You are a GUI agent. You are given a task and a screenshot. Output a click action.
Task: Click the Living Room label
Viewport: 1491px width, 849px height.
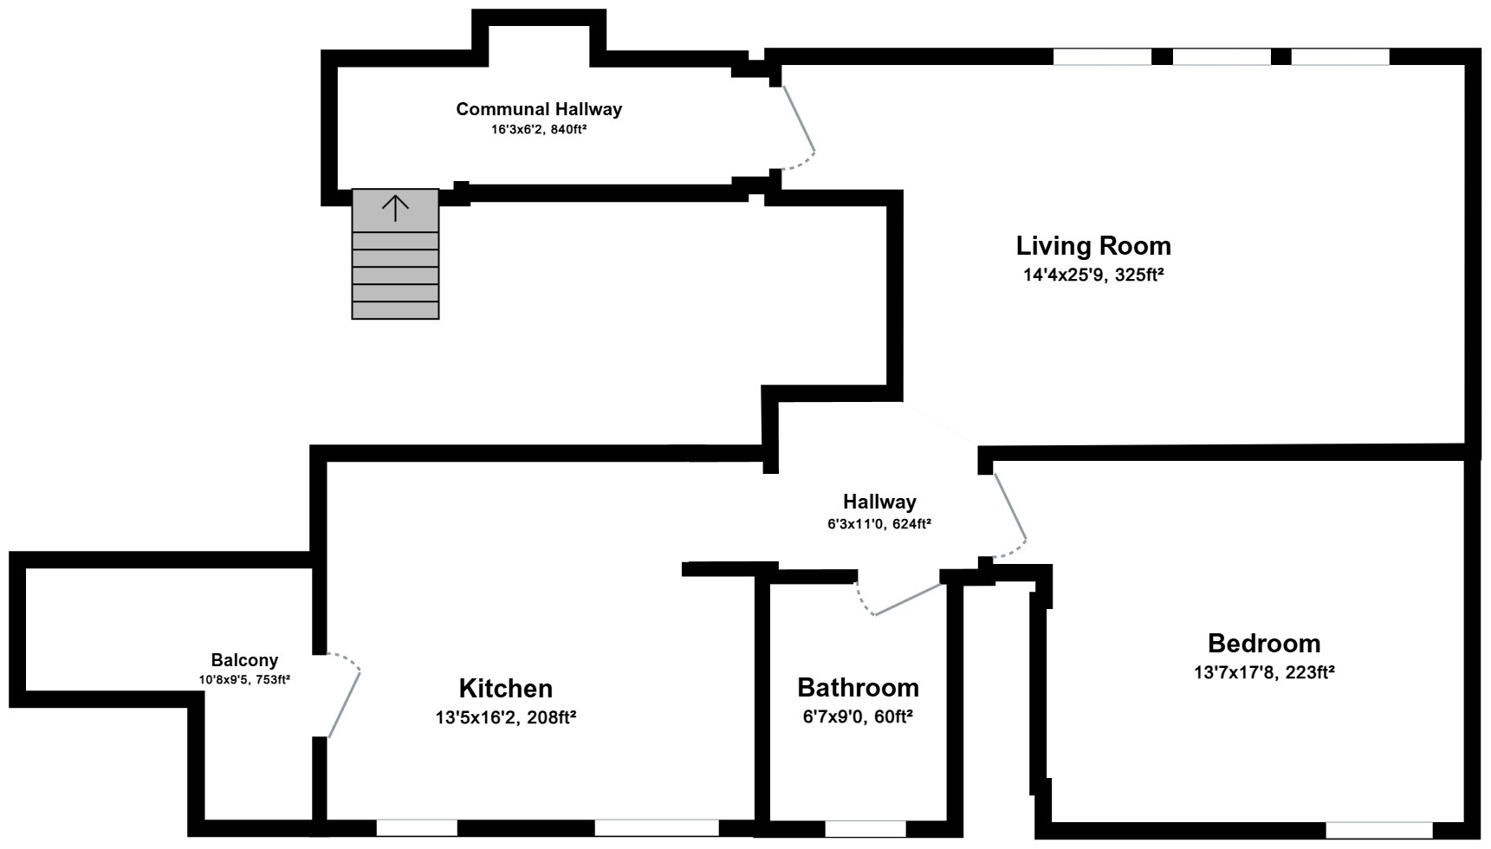1093,246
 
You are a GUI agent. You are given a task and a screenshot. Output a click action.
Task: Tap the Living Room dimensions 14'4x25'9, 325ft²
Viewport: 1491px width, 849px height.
1093,275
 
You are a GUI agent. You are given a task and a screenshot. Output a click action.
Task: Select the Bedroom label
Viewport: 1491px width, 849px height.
1263,644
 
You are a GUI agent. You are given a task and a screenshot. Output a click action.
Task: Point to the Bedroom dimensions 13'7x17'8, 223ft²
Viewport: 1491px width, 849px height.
1263,672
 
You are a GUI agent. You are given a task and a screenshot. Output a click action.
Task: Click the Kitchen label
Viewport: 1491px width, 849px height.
505,689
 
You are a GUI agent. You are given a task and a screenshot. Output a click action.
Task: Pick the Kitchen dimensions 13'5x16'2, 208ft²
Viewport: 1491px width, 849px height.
505,717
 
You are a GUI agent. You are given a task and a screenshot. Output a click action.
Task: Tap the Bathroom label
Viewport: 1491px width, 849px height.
858,688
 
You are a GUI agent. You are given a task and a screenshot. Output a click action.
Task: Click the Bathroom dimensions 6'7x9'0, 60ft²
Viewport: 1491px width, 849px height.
858,717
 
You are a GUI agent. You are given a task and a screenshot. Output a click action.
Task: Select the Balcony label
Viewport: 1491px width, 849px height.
244,660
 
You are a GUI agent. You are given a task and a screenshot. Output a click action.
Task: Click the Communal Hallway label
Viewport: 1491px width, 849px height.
539,109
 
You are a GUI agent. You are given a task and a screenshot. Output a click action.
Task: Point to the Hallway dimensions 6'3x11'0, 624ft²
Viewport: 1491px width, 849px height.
878,524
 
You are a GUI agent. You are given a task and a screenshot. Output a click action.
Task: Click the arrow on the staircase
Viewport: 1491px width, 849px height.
395,208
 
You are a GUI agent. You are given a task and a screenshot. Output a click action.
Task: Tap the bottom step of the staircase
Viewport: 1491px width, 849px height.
395,310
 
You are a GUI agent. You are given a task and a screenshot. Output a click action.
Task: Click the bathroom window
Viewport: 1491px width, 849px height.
865,829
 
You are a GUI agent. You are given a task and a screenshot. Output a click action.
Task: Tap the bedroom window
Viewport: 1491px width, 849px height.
1378,830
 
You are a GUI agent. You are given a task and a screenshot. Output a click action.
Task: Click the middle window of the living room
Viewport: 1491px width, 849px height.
1222,57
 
